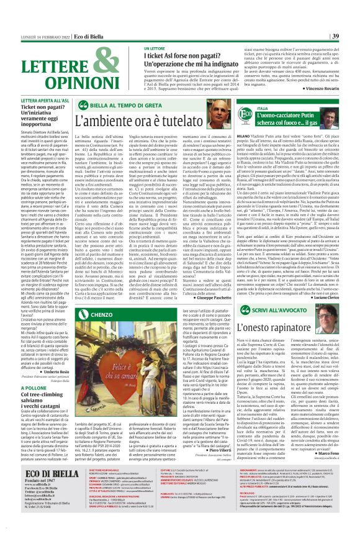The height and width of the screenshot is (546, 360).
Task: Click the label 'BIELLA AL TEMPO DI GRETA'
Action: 130,105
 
